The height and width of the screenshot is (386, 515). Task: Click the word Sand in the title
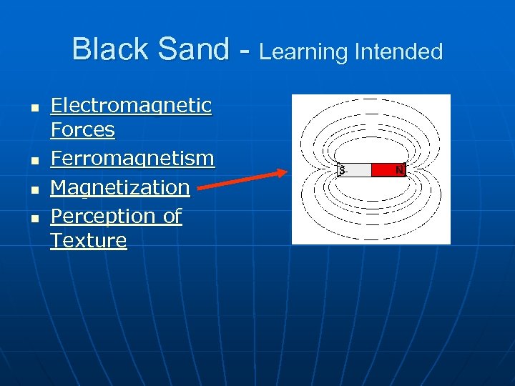[x=187, y=49]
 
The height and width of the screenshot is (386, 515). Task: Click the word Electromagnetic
[x=131, y=106]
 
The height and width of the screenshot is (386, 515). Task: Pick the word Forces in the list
[x=82, y=130]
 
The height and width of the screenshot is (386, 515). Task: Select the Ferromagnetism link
[x=132, y=158]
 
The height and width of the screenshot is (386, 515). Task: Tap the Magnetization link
[x=119, y=187]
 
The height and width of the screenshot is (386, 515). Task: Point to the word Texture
[x=88, y=240]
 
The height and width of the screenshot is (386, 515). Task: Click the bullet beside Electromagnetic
[x=33, y=108]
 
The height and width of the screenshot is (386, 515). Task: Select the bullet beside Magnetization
[x=33, y=189]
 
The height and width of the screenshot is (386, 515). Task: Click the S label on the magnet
[x=343, y=170]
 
